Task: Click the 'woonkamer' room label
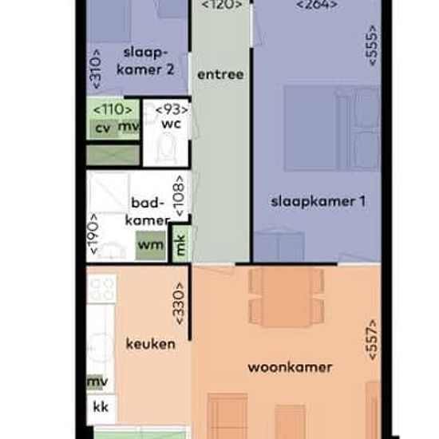point(290,367)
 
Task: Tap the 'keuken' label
point(151,344)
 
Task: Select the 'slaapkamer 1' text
point(318,202)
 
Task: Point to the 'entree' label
point(220,75)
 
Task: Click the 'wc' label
point(171,124)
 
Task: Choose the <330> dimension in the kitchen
point(179,304)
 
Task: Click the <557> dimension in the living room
point(372,340)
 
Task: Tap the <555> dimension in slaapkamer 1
point(372,45)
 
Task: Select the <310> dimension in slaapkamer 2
point(96,69)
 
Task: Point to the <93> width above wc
point(172,110)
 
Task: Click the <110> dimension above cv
point(113,109)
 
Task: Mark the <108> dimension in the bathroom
point(180,196)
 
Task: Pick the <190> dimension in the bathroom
point(93,234)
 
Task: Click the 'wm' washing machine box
point(151,245)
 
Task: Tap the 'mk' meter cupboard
point(181,244)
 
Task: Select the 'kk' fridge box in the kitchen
point(101,408)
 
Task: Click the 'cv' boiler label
point(103,129)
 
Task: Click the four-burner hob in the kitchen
point(101,288)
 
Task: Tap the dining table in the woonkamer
point(286,297)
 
